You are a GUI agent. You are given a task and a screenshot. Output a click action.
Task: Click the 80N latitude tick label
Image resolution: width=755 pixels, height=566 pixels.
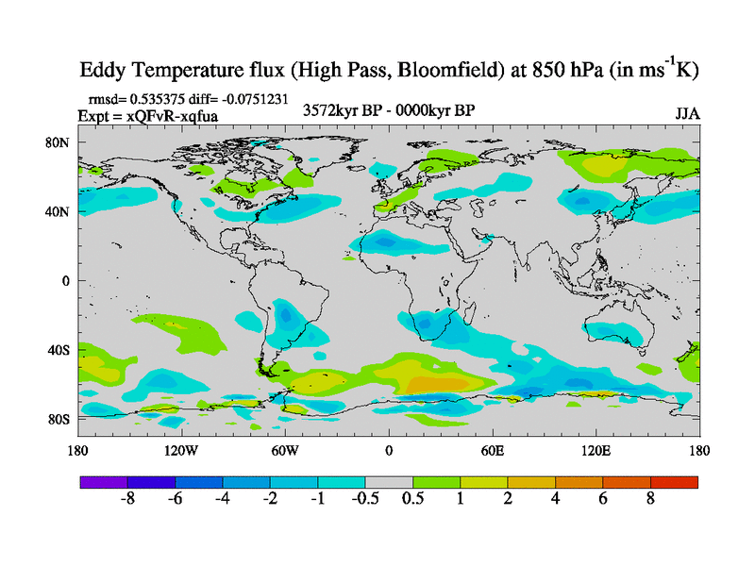point(59,142)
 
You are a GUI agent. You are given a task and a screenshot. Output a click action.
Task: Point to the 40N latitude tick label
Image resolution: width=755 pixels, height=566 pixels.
point(59,211)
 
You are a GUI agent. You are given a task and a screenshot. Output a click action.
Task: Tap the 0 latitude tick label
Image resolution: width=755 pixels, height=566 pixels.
point(66,281)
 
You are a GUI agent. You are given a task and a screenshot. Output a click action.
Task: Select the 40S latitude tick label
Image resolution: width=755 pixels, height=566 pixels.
point(59,350)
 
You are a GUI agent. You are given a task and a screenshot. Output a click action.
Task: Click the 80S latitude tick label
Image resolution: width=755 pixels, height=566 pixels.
point(59,419)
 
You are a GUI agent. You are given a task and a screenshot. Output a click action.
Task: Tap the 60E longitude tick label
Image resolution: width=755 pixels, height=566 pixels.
point(493,450)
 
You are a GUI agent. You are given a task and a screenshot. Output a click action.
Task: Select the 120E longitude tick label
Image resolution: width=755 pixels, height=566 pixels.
point(596,450)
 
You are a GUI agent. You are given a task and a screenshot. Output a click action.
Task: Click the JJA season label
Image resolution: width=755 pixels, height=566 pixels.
point(687,113)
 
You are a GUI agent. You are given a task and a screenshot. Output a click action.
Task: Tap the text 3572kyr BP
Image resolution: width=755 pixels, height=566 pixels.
point(341,111)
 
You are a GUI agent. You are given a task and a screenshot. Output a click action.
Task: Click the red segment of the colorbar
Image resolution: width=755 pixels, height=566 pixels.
point(674,482)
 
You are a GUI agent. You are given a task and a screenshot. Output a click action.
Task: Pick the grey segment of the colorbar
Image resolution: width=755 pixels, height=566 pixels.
point(389,482)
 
